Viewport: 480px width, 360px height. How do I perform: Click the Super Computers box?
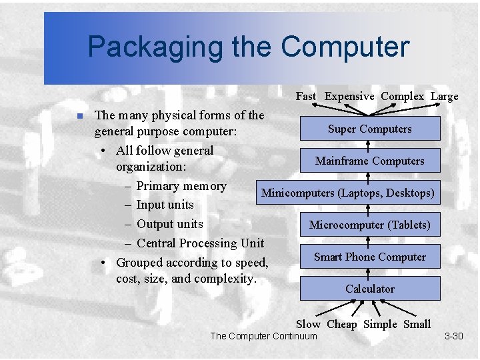pos(369,129)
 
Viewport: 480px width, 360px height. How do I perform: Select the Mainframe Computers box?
pos(369,161)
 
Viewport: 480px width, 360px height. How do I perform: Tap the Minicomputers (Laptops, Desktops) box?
pos(348,193)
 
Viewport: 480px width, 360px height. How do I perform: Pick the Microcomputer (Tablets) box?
pos(369,225)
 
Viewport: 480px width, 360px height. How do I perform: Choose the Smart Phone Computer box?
pos(369,257)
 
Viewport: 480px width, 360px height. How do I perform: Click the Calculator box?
pos(369,289)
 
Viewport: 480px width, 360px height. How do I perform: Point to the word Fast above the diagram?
pos(306,96)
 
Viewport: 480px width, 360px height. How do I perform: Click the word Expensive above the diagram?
pos(349,96)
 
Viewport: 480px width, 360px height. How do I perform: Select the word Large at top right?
pos(444,96)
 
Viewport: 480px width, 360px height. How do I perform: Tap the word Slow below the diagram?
pos(308,324)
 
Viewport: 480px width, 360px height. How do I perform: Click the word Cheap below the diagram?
pos(342,324)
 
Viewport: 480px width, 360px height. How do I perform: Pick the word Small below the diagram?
pos(417,324)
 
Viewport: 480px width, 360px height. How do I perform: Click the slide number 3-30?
pos(453,336)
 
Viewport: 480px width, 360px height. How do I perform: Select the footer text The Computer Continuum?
pos(263,336)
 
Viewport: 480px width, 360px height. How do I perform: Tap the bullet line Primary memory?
pos(181,186)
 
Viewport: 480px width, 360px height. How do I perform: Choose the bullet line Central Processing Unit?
pos(200,243)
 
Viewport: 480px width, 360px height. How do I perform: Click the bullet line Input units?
pos(165,205)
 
